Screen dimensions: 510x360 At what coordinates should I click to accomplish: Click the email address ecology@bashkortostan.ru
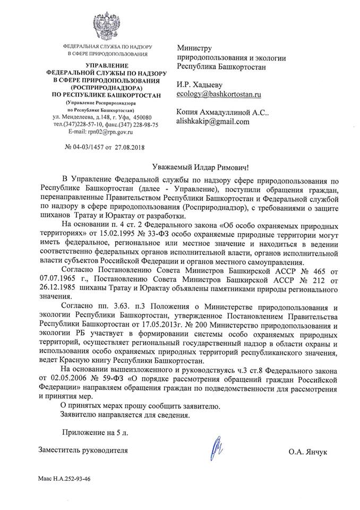click(219, 94)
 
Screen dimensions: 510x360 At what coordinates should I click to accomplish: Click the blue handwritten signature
click(216, 448)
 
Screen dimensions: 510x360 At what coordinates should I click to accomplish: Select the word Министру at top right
click(194, 48)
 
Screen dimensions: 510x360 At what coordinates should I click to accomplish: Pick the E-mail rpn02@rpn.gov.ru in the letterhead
click(97, 131)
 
